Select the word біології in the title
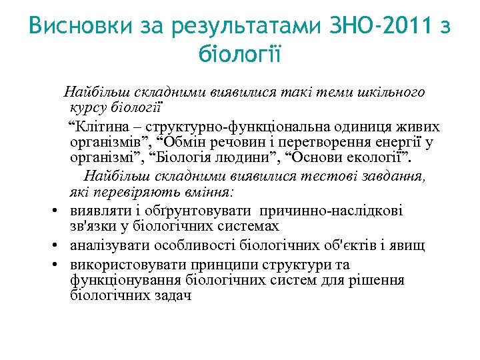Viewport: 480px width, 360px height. click(240, 54)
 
